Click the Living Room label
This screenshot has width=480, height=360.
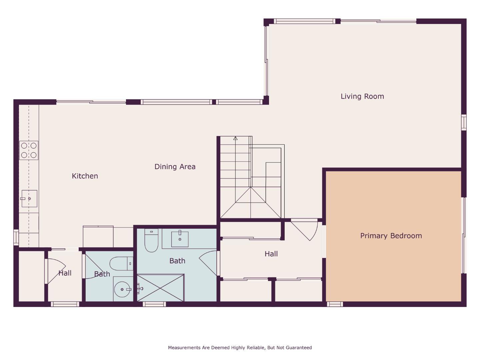pos(362,96)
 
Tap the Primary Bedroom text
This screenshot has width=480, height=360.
pos(391,236)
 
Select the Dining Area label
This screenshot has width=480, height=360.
pos(175,167)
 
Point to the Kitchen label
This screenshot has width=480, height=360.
pos(85,176)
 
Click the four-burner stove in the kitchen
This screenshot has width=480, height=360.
pos(29,150)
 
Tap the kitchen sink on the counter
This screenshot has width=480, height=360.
pos(29,199)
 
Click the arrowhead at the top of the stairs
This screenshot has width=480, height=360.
pos(235,138)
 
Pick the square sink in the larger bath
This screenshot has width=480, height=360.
pos(180,239)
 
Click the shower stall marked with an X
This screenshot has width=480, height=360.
pos(160,288)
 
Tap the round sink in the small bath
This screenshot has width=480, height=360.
pos(122,289)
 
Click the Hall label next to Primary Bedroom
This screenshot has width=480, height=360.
pos(271,254)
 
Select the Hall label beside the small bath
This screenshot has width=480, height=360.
pos(65,273)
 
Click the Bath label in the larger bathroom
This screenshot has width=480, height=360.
pos(177,261)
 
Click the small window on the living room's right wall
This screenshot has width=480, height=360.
pos(464,122)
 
